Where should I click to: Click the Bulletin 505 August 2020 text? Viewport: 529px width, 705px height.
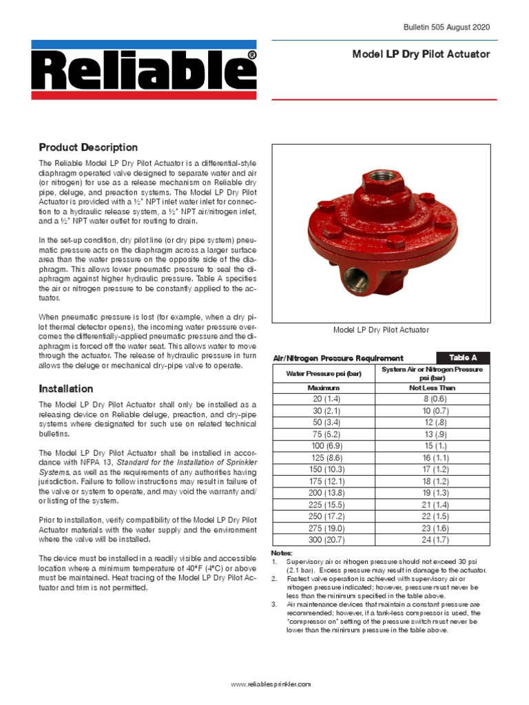[446, 27]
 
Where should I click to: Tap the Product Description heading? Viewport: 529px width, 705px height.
[88, 147]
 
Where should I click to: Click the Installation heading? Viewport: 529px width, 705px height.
[66, 388]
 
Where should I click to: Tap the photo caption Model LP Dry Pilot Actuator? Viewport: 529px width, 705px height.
[381, 330]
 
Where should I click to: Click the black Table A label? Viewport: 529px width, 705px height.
[463, 357]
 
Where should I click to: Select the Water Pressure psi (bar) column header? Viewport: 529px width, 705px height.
[324, 373]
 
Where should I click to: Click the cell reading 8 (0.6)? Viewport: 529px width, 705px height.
[434, 399]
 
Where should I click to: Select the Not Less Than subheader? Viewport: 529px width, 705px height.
[434, 388]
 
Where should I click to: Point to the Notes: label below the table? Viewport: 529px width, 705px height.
[282, 554]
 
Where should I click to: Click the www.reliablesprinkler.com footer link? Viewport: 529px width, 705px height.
[271, 684]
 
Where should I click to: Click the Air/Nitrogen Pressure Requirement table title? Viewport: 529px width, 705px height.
[338, 358]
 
